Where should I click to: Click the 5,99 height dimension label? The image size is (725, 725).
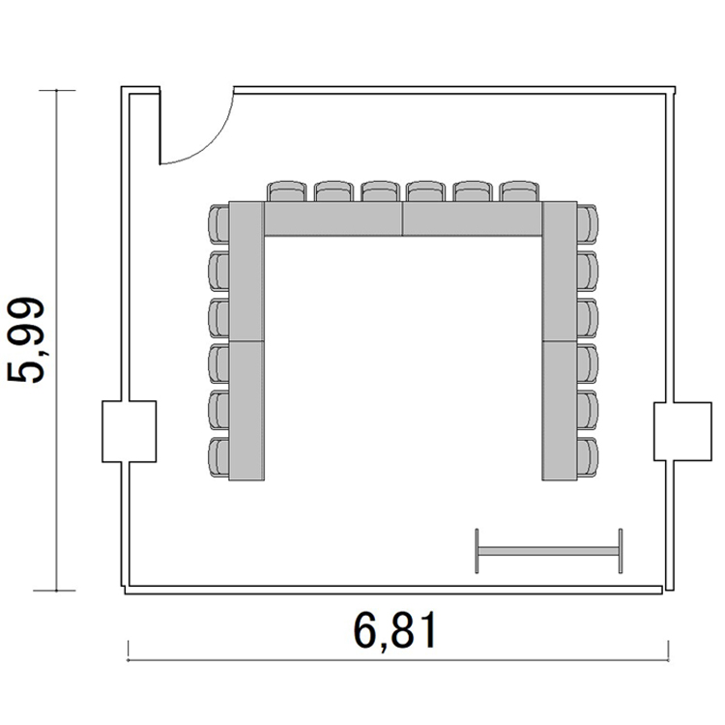pos(26,340)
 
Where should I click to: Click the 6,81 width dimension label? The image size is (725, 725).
pos(395,630)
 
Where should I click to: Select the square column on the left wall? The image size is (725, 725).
pos(129,431)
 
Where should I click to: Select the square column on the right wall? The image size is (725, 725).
pos(682,431)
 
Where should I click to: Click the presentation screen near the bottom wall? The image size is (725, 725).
pos(549,551)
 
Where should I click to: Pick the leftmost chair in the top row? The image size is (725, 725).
pos(287,191)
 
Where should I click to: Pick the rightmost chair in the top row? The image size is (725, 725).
pos(519,191)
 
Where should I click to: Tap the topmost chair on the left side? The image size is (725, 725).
pos(218,224)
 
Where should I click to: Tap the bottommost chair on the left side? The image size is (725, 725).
pos(218,457)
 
